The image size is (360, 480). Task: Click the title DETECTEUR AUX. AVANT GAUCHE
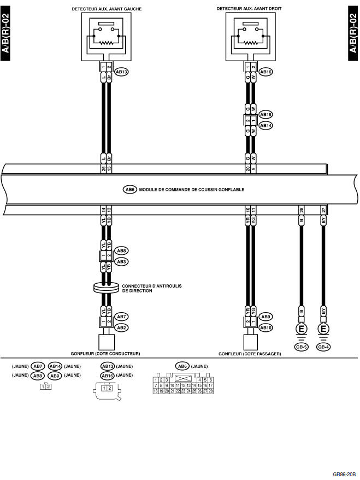(x=104, y=9)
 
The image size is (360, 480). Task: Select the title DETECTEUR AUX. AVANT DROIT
(x=249, y=9)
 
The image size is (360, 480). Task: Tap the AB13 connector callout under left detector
(x=121, y=71)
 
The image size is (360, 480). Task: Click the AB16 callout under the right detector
(x=266, y=71)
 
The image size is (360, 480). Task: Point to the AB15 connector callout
(x=266, y=114)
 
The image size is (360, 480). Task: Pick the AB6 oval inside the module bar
(x=130, y=190)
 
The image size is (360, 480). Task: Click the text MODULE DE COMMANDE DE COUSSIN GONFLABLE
(x=191, y=190)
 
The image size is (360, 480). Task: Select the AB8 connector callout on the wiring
(x=121, y=251)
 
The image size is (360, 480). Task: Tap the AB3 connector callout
(x=121, y=262)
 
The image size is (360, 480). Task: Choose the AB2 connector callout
(x=121, y=327)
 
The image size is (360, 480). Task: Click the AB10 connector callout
(x=266, y=327)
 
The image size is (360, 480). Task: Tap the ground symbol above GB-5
(x=302, y=330)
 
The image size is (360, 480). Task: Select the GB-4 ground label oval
(x=323, y=347)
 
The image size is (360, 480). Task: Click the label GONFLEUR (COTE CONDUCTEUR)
(x=105, y=354)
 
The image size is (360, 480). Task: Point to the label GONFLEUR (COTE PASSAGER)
(x=250, y=354)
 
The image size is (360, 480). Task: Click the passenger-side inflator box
(x=251, y=342)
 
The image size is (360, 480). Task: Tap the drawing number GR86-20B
(x=344, y=475)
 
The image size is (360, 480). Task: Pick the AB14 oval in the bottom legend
(x=55, y=366)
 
